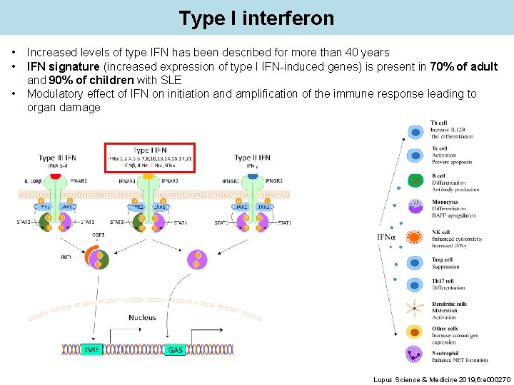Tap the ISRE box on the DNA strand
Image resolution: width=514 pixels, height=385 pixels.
pyautogui.click(x=93, y=349)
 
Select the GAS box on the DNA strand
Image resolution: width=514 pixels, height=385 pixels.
pyautogui.click(x=175, y=350)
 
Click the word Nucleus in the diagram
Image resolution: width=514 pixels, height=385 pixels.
pyautogui.click(x=143, y=317)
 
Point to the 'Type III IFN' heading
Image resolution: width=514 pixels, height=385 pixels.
pyautogui.click(x=58, y=158)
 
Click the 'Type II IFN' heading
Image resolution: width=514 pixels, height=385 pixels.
pyautogui.click(x=253, y=158)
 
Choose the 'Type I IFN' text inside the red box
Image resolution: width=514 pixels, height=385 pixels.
pyautogui.click(x=150, y=150)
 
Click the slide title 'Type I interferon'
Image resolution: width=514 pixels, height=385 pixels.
pyautogui.click(x=256, y=18)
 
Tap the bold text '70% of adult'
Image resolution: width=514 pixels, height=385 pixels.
pyautogui.click(x=464, y=66)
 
